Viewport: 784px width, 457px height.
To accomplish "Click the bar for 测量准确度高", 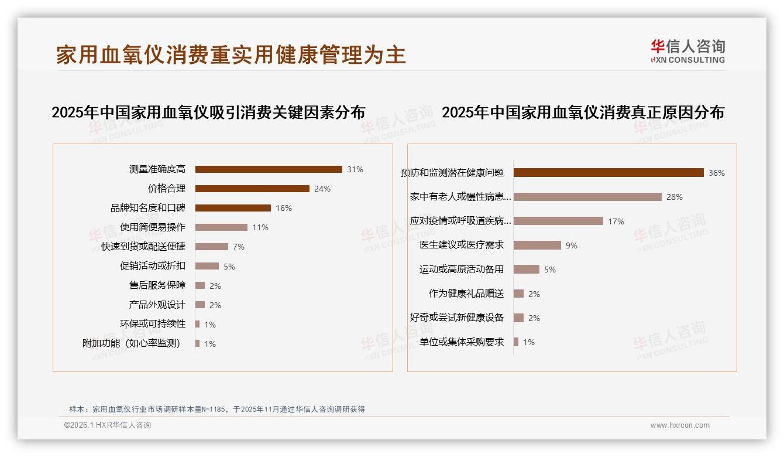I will pos(269,169).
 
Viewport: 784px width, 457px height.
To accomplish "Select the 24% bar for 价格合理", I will pos(252,189).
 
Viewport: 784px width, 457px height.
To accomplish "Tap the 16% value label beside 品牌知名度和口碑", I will pos(284,208).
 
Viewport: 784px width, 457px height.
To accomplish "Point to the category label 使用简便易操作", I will pos(152,227).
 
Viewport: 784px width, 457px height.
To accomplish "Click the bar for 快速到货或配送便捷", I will pos(212,247).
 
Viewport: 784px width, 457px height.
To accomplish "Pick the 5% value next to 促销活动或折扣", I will pos(229,267).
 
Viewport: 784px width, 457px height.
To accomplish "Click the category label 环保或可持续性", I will pos(152,324).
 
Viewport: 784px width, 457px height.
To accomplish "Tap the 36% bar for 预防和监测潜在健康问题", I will pos(608,173).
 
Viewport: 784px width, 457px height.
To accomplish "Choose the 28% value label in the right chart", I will pos(674,197).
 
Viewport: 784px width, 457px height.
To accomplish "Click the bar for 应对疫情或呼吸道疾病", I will pos(558,221).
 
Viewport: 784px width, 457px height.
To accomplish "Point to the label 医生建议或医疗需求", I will pos(462,245).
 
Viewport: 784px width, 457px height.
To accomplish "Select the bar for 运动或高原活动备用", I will pos(527,270).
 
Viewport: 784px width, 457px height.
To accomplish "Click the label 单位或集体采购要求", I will pos(462,342).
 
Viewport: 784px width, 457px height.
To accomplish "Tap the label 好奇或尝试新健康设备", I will pos(457,318).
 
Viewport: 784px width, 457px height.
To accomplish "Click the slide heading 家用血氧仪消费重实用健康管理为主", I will pos(231,55).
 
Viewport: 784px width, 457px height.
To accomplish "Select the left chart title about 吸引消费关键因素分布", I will pos(208,112).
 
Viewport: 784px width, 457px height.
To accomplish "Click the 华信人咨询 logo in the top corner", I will pos(687,52).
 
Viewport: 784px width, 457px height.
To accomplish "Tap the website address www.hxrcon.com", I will pos(680,425).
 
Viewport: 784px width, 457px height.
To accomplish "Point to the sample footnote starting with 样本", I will pos(216,409).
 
